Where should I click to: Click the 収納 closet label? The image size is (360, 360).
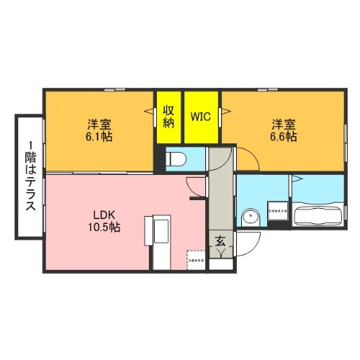click(x=169, y=116)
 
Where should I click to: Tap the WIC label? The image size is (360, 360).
click(x=201, y=116)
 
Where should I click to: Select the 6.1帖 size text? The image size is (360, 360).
click(x=98, y=135)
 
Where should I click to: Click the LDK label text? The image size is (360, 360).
click(x=98, y=214)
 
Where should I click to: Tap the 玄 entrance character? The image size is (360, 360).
click(x=220, y=242)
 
